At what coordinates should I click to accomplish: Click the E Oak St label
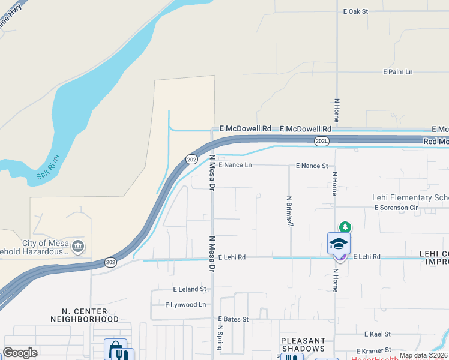355,11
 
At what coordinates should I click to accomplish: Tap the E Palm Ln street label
398,72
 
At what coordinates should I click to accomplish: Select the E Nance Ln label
235,165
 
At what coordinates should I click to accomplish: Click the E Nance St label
312,166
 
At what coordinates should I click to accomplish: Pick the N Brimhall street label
289,211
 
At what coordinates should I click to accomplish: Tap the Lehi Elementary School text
410,197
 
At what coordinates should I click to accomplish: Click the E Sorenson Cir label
396,208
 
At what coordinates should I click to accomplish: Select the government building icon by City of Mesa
78,246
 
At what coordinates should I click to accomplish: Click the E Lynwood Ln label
185,305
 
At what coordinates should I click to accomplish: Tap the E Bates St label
233,319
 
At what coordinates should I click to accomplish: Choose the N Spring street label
220,339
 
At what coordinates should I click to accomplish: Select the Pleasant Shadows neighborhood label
303,344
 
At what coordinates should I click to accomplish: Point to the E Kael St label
377,334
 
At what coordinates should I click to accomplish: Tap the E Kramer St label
373,350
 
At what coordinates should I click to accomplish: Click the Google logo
20,353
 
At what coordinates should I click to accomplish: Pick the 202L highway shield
321,140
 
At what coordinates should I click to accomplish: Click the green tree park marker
345,227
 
